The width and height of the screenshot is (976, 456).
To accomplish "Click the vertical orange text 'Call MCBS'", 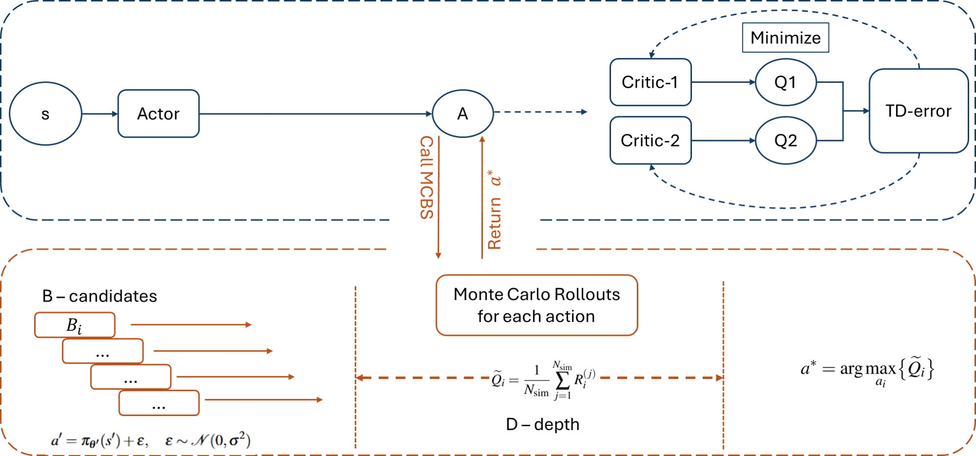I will pos(427,177).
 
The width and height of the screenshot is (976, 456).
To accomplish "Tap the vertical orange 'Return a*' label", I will pos(494,210).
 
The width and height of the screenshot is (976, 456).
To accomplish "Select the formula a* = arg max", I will pos(867,372).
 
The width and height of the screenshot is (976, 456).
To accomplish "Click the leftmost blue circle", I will pos(45,113).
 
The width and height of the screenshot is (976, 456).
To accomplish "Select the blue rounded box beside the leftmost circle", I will pos(159,113).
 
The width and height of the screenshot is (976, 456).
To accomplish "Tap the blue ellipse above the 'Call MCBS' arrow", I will pos(463,113).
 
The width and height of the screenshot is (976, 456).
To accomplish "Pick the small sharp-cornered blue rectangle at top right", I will pos(785,37).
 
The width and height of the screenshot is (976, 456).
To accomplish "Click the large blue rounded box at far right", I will pos(918,111).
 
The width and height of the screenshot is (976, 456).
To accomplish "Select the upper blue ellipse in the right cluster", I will pos(786,82).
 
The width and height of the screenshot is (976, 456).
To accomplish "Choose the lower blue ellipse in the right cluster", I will pos(786,140).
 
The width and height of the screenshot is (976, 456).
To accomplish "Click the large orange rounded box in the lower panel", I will pos(537,305).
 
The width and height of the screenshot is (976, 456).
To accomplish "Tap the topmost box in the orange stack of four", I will pos(75,325).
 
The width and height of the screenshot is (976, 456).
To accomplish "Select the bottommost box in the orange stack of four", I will pos(159,403).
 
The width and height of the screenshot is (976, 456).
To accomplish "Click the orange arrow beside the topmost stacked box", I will pos(190,325).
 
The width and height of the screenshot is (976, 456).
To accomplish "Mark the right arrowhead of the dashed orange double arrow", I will pos(719,378).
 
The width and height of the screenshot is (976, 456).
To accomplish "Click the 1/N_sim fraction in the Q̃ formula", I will pos(536,380).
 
